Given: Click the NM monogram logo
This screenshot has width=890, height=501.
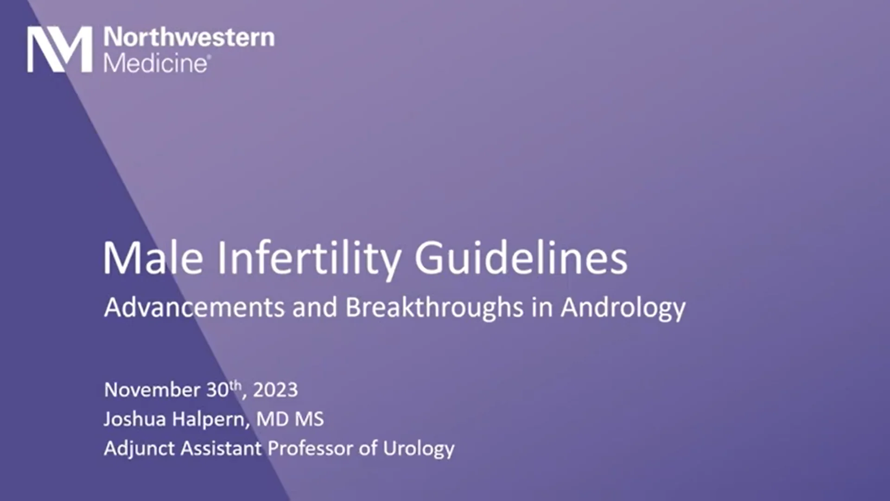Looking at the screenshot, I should (x=59, y=49).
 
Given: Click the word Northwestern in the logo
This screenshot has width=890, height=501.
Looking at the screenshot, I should (x=189, y=37).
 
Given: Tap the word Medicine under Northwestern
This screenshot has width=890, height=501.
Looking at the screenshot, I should (x=156, y=64).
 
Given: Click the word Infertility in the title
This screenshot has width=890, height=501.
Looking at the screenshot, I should (x=309, y=258).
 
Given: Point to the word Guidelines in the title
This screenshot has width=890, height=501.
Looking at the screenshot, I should (x=521, y=258).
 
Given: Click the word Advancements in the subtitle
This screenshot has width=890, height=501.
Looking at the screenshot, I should (x=194, y=307).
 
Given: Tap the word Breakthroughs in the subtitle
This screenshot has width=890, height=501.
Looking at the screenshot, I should (x=434, y=307).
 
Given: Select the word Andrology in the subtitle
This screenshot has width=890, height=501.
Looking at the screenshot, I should (x=623, y=308).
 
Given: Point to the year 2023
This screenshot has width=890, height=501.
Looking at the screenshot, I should (x=275, y=390).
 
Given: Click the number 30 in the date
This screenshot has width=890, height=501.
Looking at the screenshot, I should (x=217, y=390).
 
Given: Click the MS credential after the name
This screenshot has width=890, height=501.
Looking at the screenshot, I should (x=309, y=419).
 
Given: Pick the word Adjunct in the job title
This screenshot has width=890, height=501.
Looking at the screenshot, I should (x=139, y=449).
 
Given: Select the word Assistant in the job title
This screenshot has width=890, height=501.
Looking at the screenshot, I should (x=221, y=449).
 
